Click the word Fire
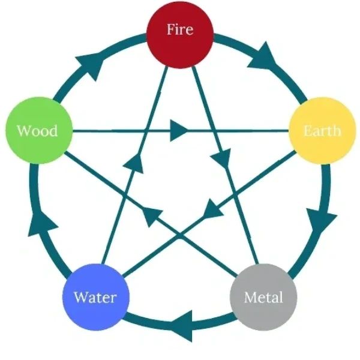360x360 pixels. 180,29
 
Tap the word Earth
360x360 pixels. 322,131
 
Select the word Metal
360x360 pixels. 263,297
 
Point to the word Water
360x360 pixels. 95,297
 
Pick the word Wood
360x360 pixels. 37,131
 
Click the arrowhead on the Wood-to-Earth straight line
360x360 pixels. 178,130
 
